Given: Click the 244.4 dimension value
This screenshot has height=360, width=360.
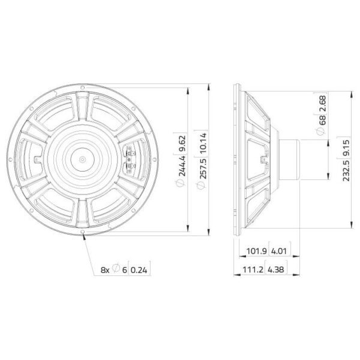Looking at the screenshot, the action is pyautogui.click(x=182, y=166).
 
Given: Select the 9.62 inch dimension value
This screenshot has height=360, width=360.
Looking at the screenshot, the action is pyautogui.click(x=182, y=143).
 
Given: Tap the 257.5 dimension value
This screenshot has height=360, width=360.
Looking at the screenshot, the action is pyautogui.click(x=203, y=168).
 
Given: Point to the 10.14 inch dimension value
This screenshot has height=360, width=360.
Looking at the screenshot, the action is pyautogui.click(x=203, y=143).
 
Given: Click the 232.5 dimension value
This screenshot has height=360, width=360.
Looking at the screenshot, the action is pyautogui.click(x=346, y=170).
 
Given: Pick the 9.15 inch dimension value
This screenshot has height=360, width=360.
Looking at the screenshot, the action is pyautogui.click(x=346, y=148).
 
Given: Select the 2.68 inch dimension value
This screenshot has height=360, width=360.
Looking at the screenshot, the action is pyautogui.click(x=323, y=104).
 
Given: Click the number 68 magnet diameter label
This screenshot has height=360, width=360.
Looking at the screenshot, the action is pyautogui.click(x=323, y=120).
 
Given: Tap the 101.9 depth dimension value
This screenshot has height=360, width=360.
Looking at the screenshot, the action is pyautogui.click(x=256, y=251).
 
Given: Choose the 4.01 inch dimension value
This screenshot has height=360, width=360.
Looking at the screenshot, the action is pyautogui.click(x=279, y=251).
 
